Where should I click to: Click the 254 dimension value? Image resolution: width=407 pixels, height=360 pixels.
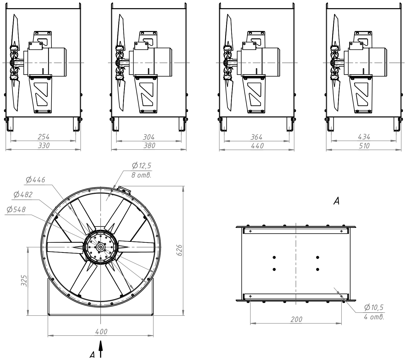(43, 137)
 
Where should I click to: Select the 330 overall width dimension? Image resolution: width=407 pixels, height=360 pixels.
(44, 145)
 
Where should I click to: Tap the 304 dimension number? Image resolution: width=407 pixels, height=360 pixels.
(149, 137)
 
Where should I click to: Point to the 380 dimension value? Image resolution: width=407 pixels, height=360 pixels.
(149, 146)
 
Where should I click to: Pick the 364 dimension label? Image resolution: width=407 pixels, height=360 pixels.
(256, 137)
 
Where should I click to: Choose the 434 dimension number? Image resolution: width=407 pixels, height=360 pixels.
(364, 137)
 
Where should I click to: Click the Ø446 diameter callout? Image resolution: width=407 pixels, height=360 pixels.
(35, 180)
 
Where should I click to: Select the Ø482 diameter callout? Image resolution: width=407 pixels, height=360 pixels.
(23, 194)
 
